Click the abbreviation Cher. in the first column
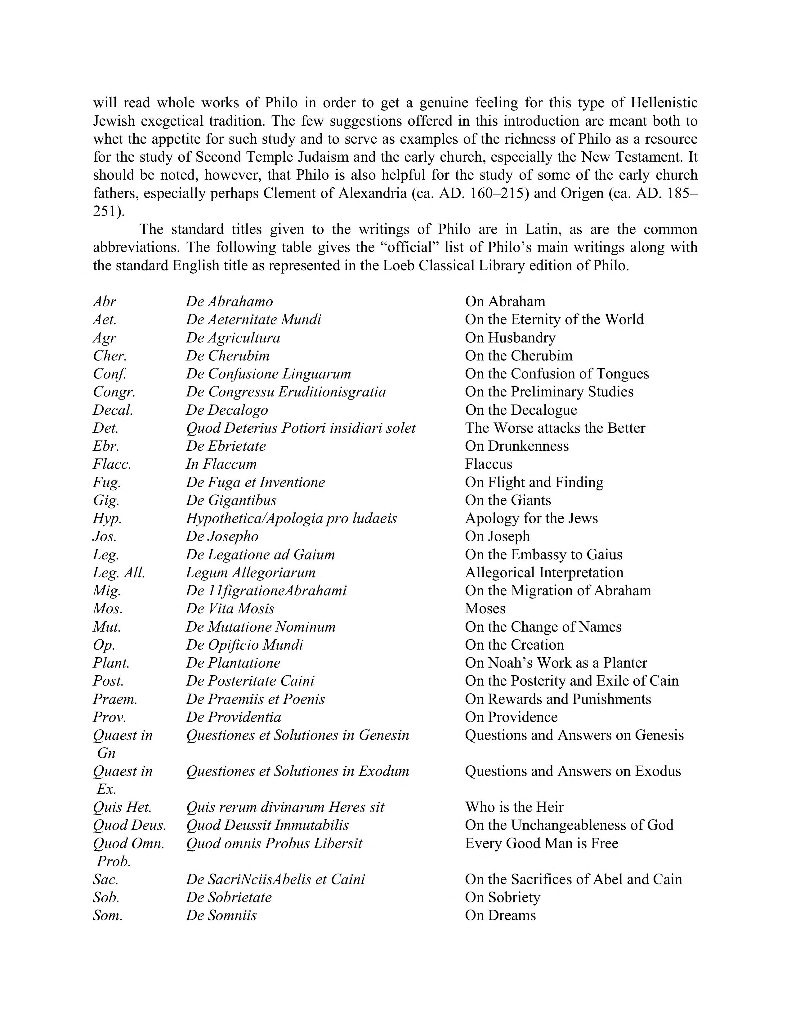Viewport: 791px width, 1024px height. click(110, 356)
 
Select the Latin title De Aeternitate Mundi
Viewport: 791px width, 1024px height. click(253, 320)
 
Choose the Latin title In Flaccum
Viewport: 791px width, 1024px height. click(221, 464)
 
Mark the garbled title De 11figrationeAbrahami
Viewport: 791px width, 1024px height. click(266, 591)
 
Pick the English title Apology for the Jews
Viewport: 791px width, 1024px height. click(531, 519)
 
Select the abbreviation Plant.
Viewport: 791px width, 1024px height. click(111, 663)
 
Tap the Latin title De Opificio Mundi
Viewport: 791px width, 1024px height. click(244, 645)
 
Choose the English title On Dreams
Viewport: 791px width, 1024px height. click(500, 916)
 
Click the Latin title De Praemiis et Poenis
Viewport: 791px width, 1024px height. click(255, 699)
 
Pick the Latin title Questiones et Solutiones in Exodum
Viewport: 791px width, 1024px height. click(297, 771)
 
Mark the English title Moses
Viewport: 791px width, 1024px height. click(485, 609)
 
